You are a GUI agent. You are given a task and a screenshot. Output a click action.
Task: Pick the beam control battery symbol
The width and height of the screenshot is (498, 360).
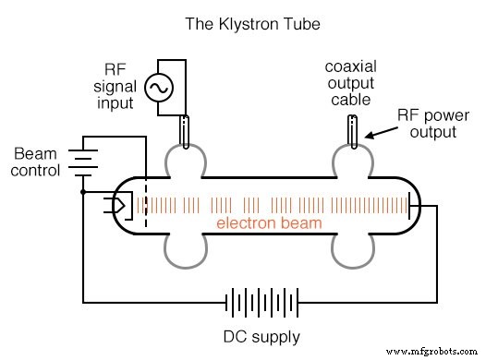point(84,162)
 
